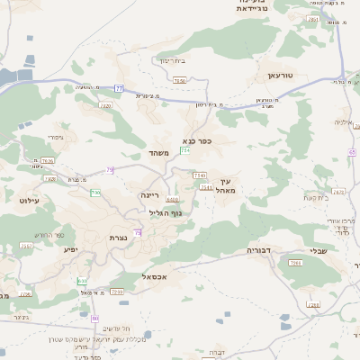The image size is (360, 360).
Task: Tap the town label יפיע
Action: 71,248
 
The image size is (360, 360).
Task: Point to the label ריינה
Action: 149,194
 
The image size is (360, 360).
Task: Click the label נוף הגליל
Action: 165,212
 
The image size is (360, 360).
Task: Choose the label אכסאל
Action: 157,277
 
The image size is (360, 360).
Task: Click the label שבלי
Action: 319,252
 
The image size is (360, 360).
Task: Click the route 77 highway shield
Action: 119,88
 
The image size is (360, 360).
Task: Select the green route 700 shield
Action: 95,193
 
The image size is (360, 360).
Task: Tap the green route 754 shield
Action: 184,150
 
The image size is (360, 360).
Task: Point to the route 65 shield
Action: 352,152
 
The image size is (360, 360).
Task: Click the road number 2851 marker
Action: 313,18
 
